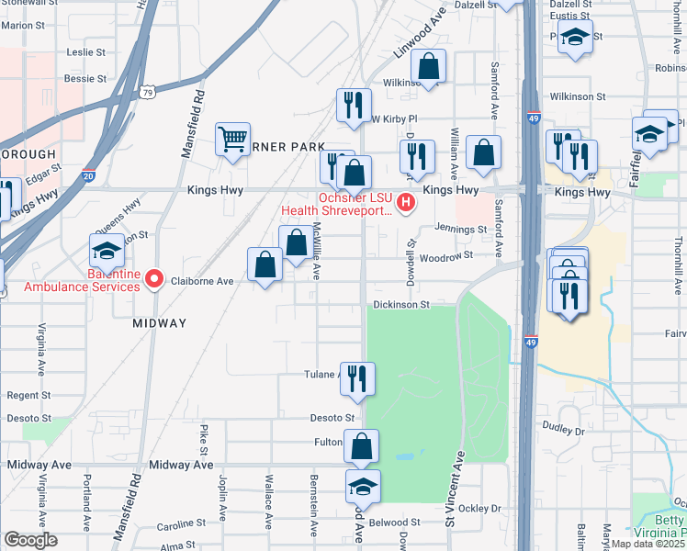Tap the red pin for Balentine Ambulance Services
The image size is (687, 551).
(154, 278)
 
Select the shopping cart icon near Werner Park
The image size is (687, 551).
(232, 141)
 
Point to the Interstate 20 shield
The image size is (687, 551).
(88, 175)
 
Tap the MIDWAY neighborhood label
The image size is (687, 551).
(159, 323)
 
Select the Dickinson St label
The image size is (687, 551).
(400, 304)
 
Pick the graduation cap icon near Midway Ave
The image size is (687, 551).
(364, 487)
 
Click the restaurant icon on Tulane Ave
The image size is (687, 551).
(356, 376)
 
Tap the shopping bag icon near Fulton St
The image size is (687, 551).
(364, 447)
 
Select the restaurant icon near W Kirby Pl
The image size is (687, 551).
(354, 104)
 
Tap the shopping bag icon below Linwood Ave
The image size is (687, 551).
(428, 66)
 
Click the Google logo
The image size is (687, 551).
(30, 539)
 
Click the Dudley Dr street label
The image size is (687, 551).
(564, 428)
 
